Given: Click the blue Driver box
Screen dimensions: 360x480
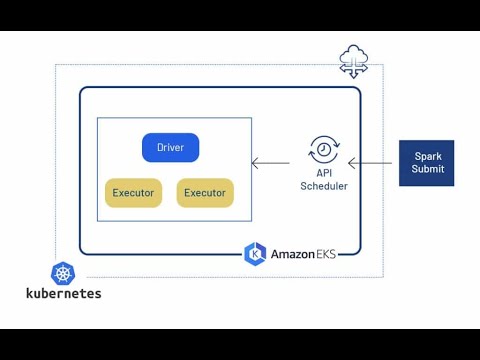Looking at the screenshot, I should click(170, 148).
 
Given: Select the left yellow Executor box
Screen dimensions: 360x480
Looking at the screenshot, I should click(133, 193).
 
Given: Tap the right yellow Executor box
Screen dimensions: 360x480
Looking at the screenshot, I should click(205, 193).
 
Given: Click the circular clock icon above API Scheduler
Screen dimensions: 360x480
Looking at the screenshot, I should click(323, 150).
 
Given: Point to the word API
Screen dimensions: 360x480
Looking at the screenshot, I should click(323, 173).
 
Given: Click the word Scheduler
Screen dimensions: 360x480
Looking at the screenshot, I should click(323, 186).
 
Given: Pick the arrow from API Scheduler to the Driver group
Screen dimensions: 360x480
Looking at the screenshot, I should click(275, 162).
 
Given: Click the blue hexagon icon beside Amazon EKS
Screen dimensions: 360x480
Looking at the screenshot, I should click(256, 253).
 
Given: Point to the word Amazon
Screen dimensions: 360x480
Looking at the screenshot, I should click(292, 254).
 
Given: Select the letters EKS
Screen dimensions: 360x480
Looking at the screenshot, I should click(324, 254).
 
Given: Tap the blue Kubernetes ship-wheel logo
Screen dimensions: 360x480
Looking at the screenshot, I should click(63, 273).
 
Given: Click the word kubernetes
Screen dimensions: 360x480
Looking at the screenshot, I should click(63, 294).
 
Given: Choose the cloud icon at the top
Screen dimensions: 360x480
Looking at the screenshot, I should click(354, 53).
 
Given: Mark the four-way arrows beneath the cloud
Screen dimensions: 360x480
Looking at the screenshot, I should click(354, 67).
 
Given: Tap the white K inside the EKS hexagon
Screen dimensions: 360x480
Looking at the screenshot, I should click(256, 253).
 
